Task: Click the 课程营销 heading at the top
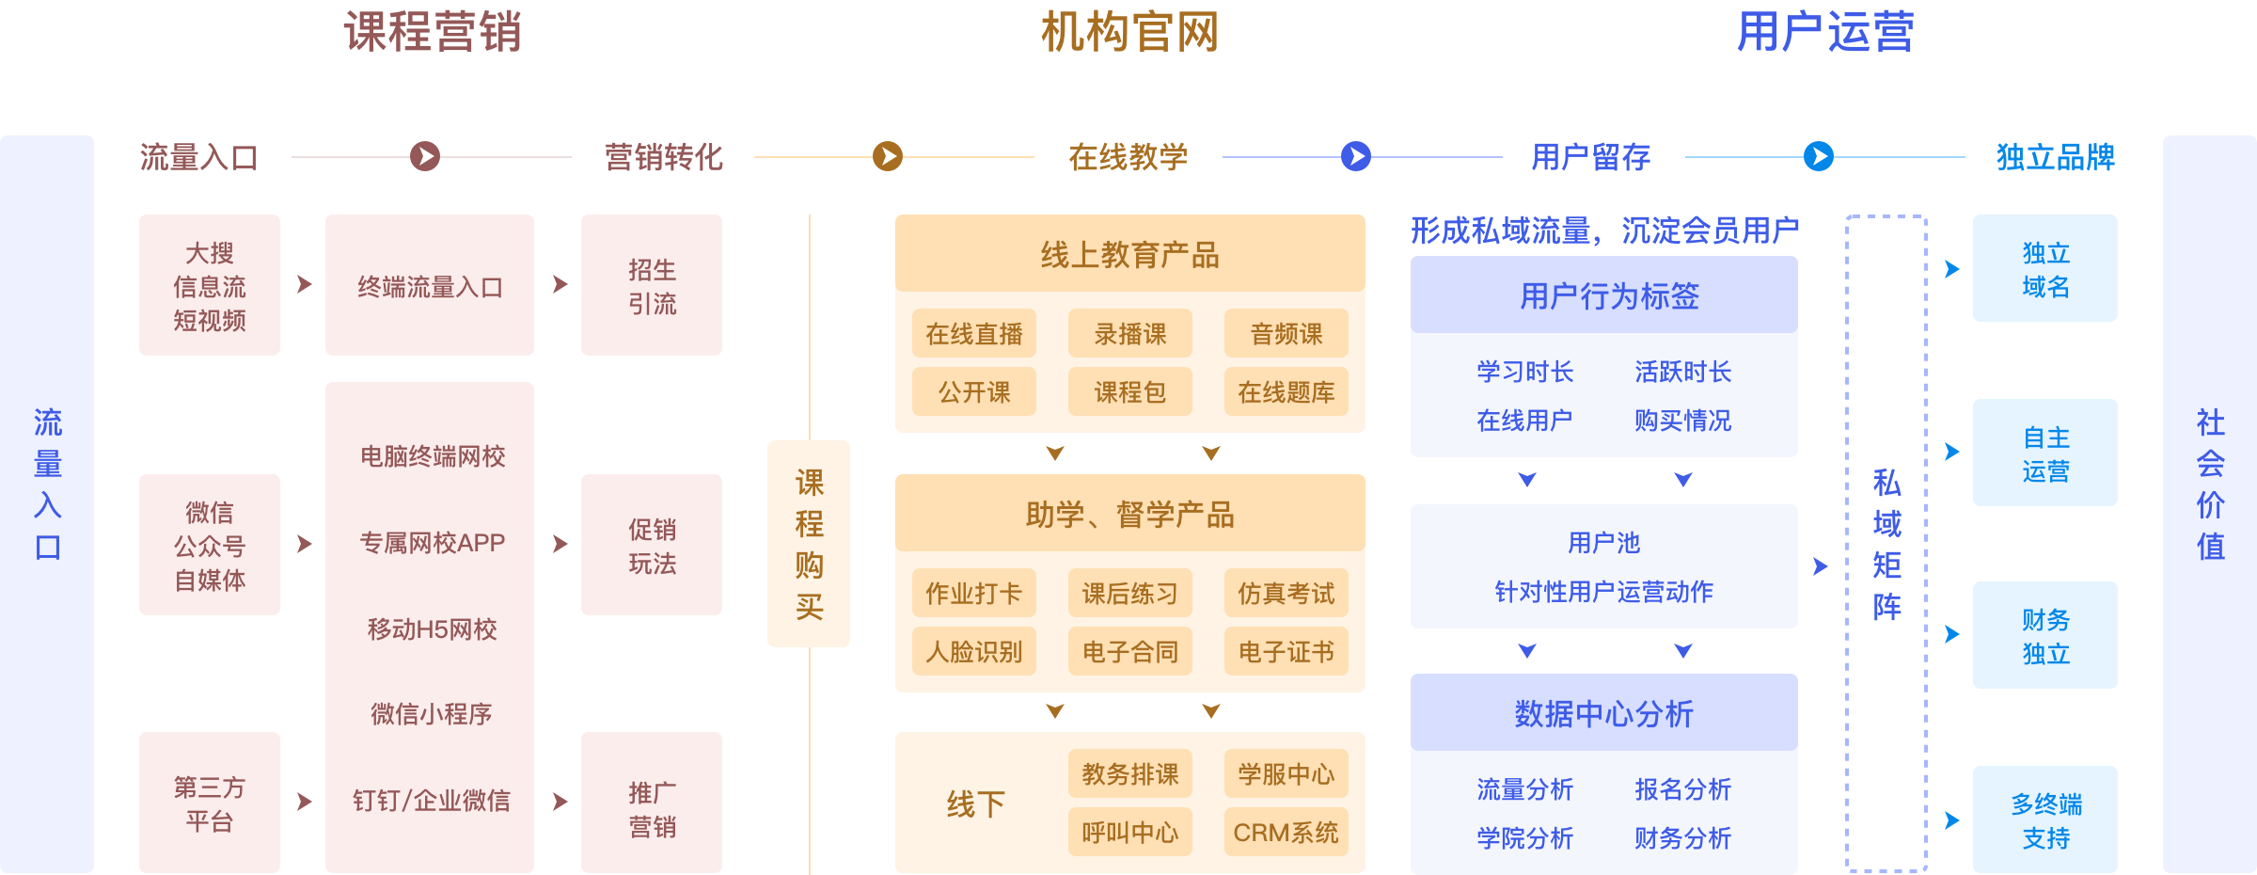[433, 32]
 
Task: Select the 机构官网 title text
[1129, 32]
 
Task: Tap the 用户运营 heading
[1824, 32]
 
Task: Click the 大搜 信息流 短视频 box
[210, 286]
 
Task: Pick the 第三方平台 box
[210, 803]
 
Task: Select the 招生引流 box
[652, 286]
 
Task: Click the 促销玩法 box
[652, 546]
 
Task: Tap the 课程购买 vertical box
[809, 544]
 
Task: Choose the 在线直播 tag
[974, 334]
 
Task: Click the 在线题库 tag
[1286, 392]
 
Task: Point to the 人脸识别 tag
[974, 652]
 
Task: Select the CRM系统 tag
[1286, 833]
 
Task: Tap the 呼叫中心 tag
[1129, 833]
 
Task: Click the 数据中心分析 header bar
[1603, 713]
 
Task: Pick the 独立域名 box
[2045, 269]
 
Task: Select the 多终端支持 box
[2045, 820]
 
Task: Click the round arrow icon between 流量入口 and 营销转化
[425, 156]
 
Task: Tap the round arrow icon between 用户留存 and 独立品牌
[1819, 156]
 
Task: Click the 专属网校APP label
[433, 543]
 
